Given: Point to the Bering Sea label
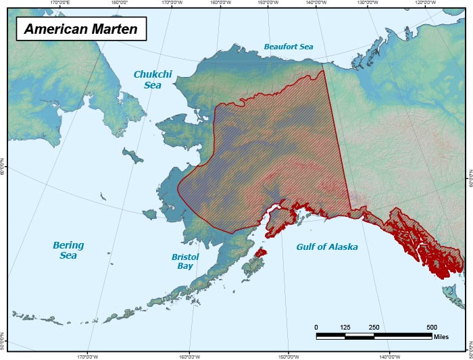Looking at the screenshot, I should [x=68, y=250].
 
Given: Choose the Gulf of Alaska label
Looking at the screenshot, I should [x=327, y=247].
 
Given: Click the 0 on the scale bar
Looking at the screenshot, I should [x=316, y=328].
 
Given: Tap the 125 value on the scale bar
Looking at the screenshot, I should [x=345, y=328].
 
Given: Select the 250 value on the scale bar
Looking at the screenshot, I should [x=374, y=328].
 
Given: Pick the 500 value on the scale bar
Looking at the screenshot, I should [x=431, y=328].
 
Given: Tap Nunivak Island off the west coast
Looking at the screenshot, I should [x=153, y=213].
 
